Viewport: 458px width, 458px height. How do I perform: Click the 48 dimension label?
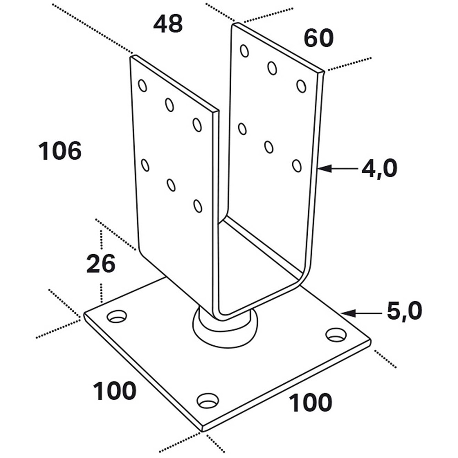(168, 24)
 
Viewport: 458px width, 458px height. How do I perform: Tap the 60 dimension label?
(318, 38)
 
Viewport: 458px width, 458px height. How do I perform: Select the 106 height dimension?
(60, 151)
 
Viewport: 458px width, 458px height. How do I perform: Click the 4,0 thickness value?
(379, 169)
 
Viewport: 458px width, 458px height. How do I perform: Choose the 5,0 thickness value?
(404, 312)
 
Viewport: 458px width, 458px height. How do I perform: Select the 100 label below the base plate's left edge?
(114, 391)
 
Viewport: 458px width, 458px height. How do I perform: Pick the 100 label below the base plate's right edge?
(310, 403)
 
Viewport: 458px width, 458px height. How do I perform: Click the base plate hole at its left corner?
(117, 316)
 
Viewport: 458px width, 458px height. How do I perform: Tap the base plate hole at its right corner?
(336, 335)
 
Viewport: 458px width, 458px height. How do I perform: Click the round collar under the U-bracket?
(225, 326)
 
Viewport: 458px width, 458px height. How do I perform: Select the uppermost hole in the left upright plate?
(142, 86)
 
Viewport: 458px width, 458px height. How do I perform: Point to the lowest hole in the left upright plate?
(198, 206)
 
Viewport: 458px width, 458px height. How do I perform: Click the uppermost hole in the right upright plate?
(245, 51)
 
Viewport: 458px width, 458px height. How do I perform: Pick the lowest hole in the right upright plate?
(297, 166)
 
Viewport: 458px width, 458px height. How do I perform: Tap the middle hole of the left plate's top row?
(169, 105)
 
